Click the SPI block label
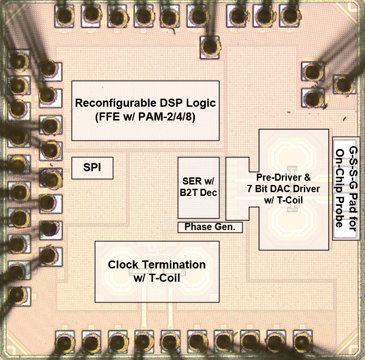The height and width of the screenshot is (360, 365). [x=92, y=168]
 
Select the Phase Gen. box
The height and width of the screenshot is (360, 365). [x=210, y=227]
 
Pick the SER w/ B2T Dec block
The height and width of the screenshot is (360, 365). [x=198, y=187]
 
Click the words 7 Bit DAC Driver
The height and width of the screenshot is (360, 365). [x=283, y=189]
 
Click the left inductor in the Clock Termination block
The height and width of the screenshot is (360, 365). [x=120, y=271]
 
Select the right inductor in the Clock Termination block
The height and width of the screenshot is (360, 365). [x=193, y=271]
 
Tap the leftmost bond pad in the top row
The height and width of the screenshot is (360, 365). [x=64, y=16]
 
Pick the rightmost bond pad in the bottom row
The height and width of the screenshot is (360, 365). [x=301, y=341]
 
